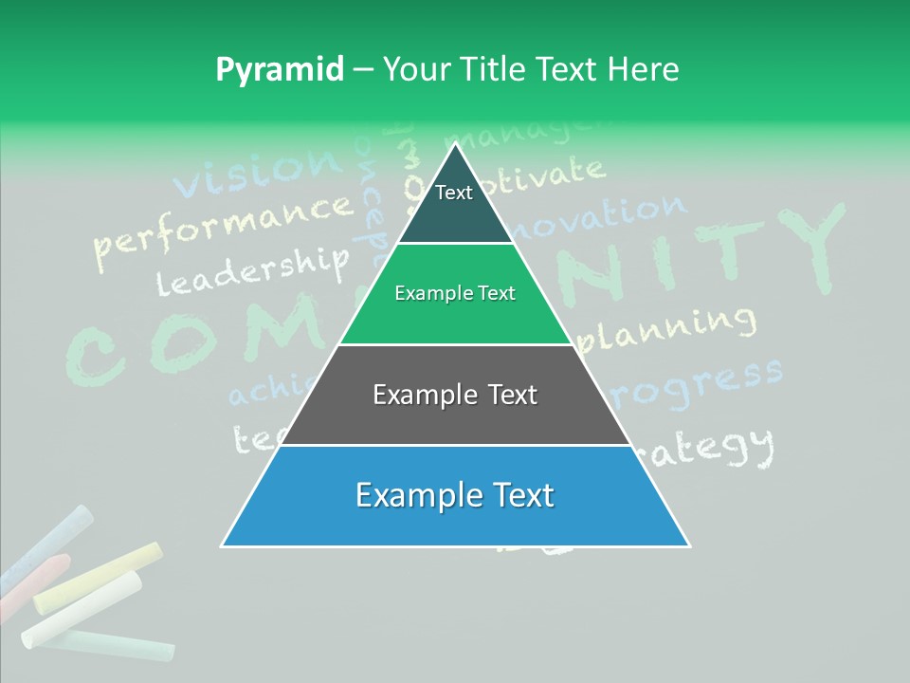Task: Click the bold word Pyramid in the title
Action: (x=279, y=70)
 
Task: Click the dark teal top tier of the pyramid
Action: (x=455, y=204)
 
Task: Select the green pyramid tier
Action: (x=455, y=294)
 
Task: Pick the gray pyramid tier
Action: (x=455, y=395)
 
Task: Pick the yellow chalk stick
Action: (x=99, y=577)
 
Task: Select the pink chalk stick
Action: (x=38, y=579)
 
